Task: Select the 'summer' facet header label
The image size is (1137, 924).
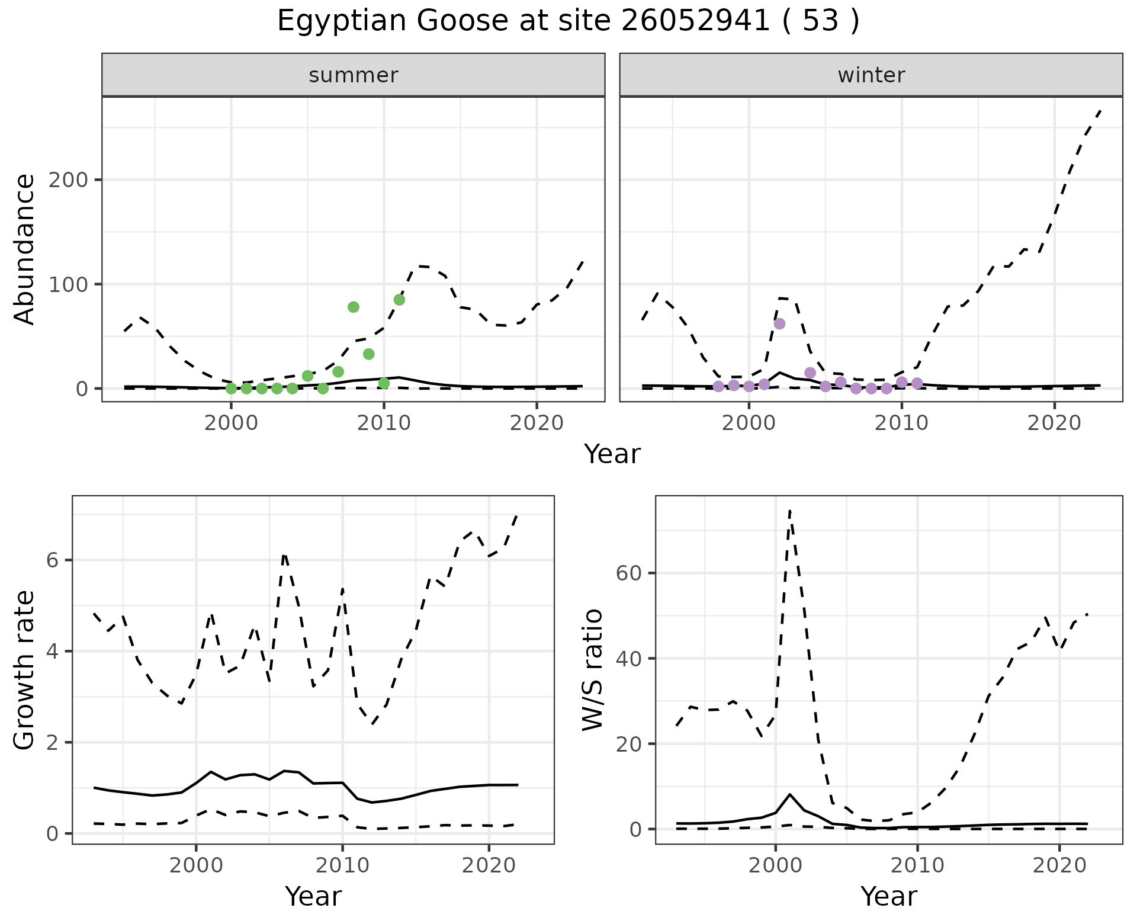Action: (x=354, y=75)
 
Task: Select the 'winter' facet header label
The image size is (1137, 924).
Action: (x=871, y=75)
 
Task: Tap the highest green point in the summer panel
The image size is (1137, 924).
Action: (x=399, y=300)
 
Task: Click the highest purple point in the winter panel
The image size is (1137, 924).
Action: (x=779, y=323)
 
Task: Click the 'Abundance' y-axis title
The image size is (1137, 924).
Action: (x=25, y=249)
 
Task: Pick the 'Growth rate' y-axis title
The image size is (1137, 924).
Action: (x=25, y=670)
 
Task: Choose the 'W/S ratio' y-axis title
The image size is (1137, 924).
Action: (x=593, y=670)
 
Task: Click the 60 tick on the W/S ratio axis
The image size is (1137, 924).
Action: (x=628, y=573)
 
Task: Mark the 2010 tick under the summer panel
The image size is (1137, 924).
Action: (x=384, y=423)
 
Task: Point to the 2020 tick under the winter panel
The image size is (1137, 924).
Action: (x=1054, y=423)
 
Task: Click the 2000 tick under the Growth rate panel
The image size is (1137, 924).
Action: (x=196, y=865)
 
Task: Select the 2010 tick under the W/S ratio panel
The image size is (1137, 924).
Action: (x=917, y=865)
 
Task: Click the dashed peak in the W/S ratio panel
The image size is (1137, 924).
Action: (x=790, y=511)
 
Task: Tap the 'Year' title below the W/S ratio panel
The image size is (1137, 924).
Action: (x=888, y=896)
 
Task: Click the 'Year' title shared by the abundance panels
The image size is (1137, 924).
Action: (x=612, y=454)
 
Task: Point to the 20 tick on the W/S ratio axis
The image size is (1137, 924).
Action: (x=628, y=744)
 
